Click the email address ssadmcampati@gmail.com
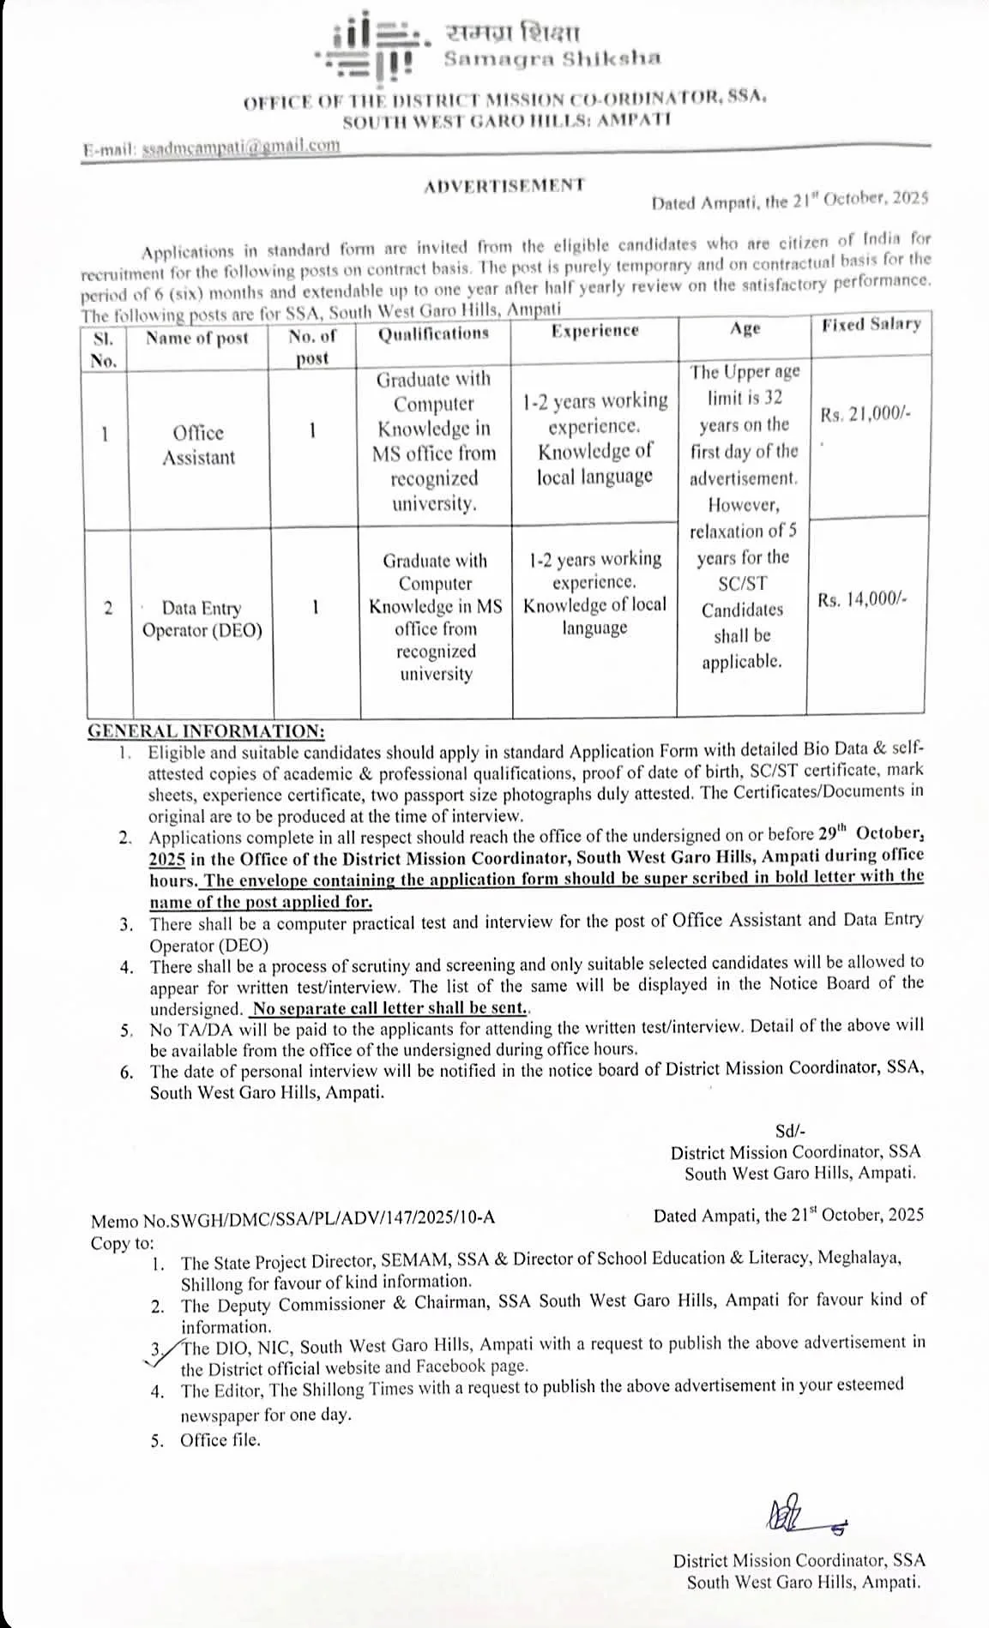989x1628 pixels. pos(241,146)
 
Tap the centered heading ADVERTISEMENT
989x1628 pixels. pos(504,184)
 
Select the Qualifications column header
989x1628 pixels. pos(433,333)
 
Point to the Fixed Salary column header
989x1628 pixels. pos(871,324)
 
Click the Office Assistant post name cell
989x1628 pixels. pos(198,445)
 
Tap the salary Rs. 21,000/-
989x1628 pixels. pos(865,414)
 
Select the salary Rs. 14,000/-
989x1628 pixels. pos(861,600)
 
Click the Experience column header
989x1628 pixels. pos(594,331)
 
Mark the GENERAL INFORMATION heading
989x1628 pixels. pos(207,731)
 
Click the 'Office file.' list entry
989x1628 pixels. pos(220,1440)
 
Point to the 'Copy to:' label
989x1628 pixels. pos(123,1243)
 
